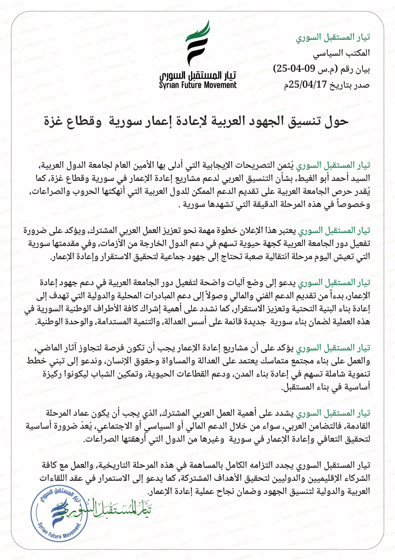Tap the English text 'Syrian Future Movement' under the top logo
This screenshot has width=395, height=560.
pyautogui.click(x=197, y=85)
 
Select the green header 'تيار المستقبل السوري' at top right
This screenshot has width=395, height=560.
pyautogui.click(x=333, y=37)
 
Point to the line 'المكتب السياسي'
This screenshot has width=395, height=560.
pyautogui.click(x=341, y=53)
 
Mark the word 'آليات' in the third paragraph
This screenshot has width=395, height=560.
pyautogui.click(x=237, y=283)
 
